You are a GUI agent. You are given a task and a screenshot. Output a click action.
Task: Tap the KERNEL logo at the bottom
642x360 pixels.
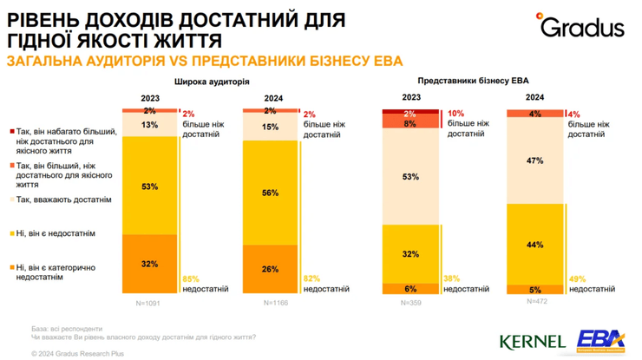click(533, 341)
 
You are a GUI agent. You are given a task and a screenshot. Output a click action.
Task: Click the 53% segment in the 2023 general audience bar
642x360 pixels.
click(149, 185)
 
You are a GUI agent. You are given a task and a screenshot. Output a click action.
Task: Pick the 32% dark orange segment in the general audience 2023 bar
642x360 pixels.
click(149, 265)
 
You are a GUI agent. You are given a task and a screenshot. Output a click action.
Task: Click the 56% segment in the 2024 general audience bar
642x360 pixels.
click(269, 193)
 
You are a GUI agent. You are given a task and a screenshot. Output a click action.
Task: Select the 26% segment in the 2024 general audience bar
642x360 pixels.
click(269, 270)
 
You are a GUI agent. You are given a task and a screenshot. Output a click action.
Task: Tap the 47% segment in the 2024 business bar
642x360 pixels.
click(535, 160)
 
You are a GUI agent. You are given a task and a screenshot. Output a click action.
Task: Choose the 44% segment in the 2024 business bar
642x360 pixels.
click(535, 245)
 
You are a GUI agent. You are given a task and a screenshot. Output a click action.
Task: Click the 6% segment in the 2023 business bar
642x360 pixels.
click(411, 289)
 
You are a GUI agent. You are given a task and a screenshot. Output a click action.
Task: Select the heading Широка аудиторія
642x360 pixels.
click(212, 81)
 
